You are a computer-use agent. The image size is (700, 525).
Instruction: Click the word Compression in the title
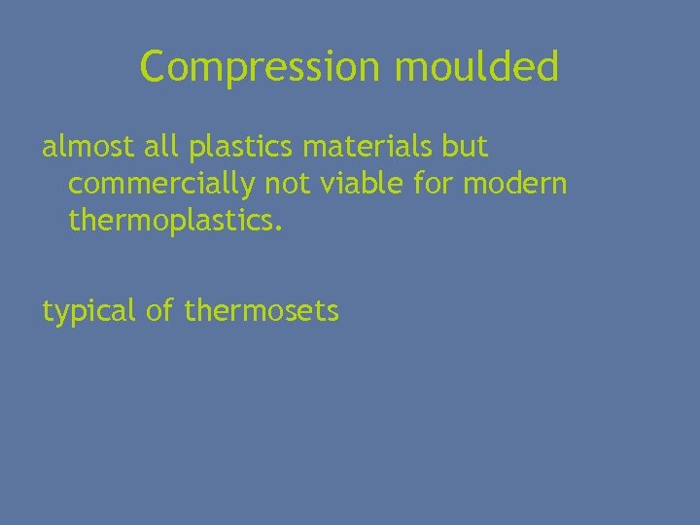[x=262, y=68]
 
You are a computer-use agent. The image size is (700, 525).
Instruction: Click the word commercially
[x=157, y=185]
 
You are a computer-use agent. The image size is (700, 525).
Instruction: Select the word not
[x=275, y=184]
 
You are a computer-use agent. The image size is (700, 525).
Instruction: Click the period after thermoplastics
[x=280, y=229]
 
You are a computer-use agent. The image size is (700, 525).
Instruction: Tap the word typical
[x=87, y=312]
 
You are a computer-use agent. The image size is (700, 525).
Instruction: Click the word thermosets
[x=262, y=311]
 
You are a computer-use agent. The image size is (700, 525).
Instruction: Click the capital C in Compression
[x=154, y=67]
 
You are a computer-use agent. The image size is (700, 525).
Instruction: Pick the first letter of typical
[x=48, y=311]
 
